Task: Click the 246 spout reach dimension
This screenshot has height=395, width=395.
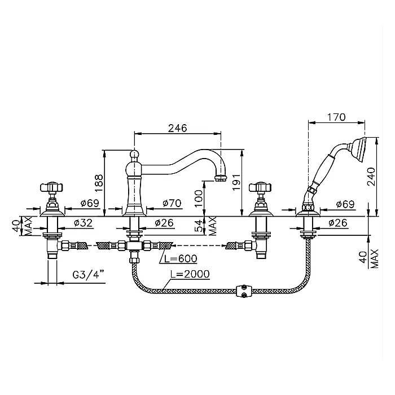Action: (178, 128)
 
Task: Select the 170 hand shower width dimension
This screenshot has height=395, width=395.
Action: (336, 117)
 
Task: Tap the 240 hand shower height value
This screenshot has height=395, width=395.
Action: (371, 176)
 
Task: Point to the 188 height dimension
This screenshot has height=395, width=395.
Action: (99, 183)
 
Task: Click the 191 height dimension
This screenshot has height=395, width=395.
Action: (236, 182)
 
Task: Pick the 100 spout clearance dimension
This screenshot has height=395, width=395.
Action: (199, 198)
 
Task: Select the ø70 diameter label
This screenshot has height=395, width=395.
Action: (172, 203)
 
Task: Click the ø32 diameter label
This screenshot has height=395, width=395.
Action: (83, 223)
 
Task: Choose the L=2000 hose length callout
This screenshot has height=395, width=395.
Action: (190, 274)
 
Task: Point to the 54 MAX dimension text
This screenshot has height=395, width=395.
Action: (206, 226)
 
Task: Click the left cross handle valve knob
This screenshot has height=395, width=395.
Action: (51, 187)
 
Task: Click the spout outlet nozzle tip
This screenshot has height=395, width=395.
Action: (221, 178)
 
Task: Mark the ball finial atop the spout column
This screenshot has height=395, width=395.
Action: (134, 153)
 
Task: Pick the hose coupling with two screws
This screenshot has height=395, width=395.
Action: (244, 291)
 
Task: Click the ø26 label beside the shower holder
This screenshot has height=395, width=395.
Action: (337, 223)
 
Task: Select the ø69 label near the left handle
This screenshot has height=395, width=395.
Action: (90, 203)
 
